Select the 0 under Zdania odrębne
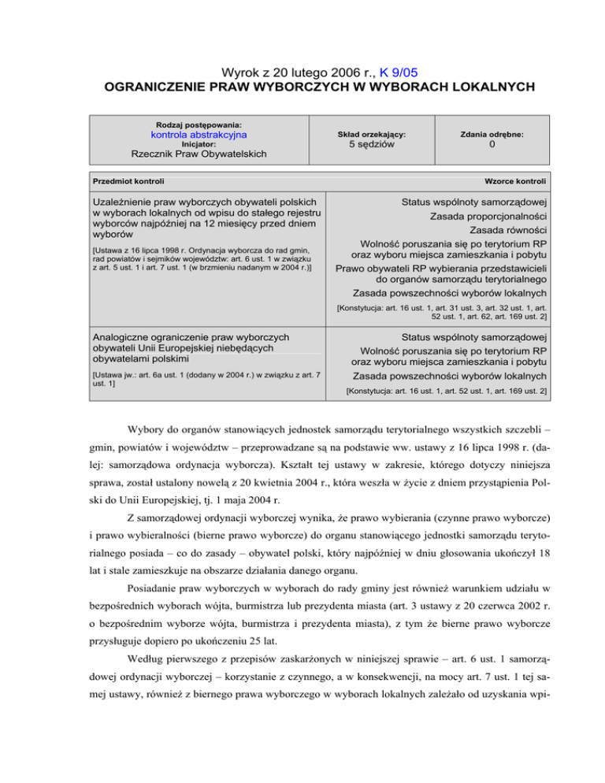click(492, 145)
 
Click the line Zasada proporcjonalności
click(488, 215)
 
